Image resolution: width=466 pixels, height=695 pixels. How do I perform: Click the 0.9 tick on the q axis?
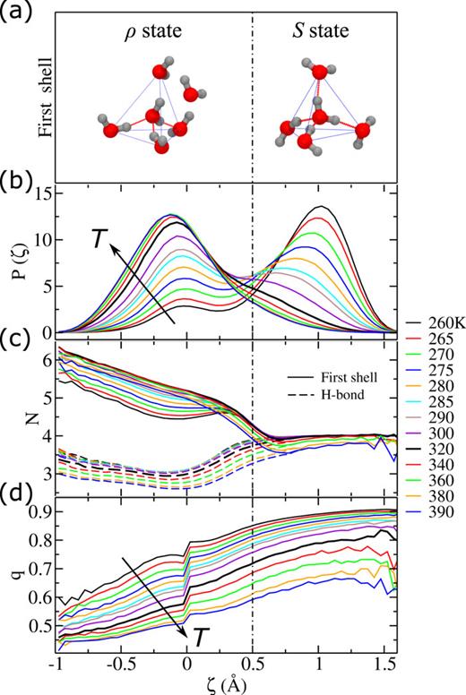click(x=39, y=511)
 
